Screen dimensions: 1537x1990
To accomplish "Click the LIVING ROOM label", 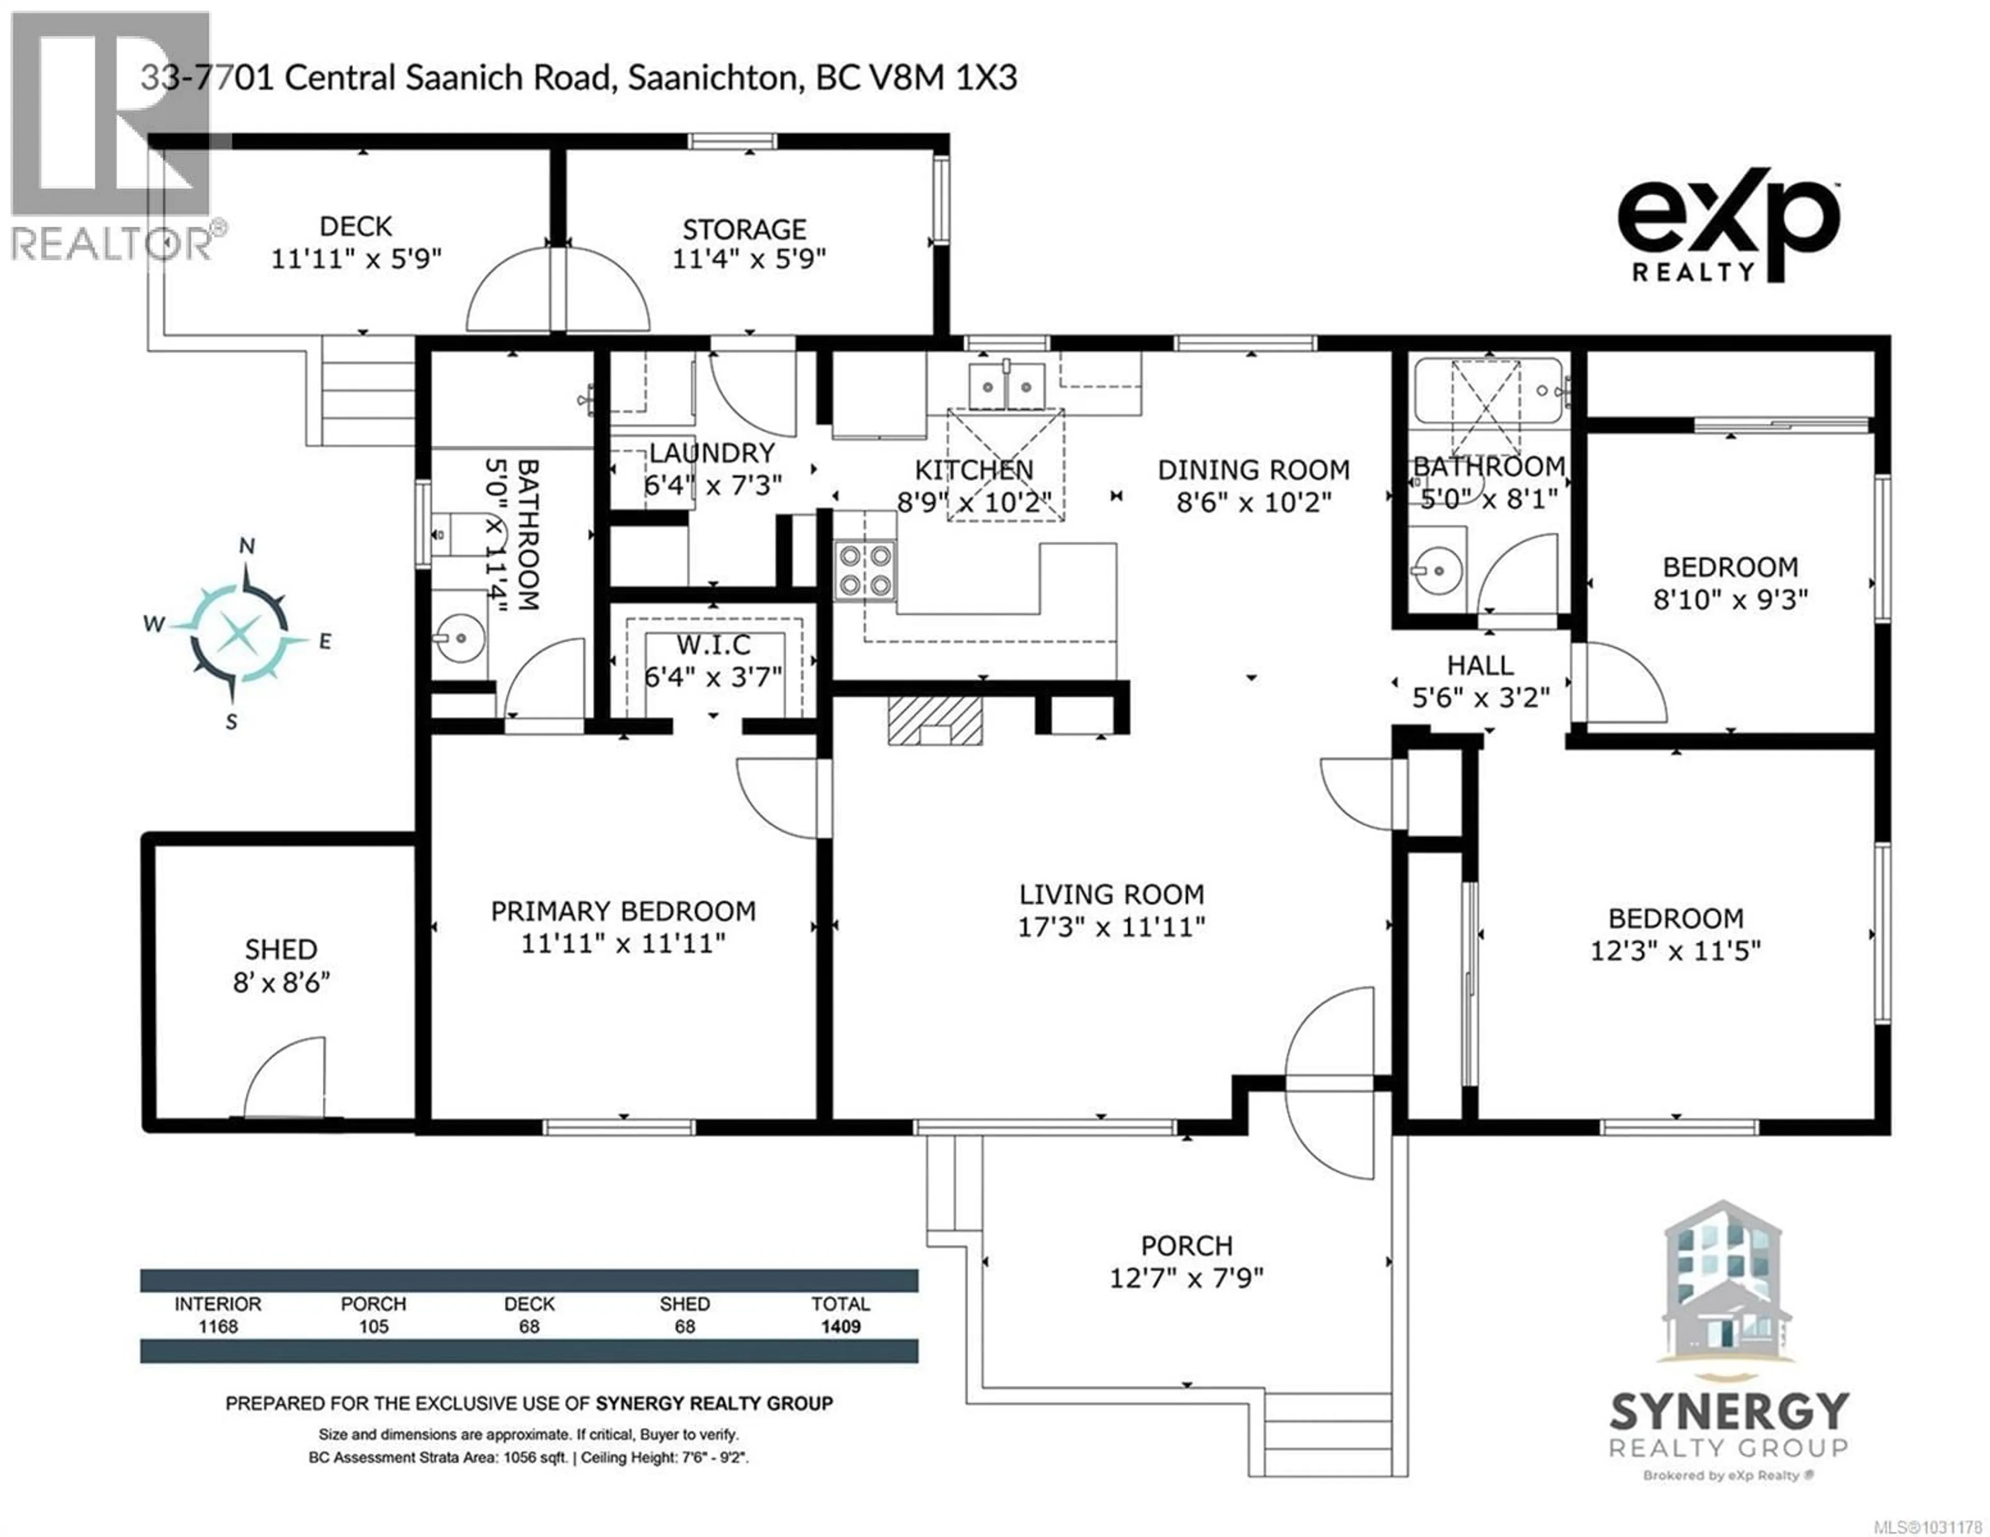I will click(x=1111, y=894).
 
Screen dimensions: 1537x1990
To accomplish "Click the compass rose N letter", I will click(x=247, y=545).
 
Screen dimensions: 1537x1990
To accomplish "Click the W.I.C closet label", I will click(x=714, y=645).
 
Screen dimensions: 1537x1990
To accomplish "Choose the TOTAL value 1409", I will click(x=840, y=1327).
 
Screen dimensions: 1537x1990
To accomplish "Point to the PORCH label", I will click(x=1186, y=1245).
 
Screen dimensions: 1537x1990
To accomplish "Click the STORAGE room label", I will click(x=744, y=229).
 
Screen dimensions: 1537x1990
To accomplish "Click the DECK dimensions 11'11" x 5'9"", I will click(x=356, y=258).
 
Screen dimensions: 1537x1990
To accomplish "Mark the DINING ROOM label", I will click(x=1253, y=470).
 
